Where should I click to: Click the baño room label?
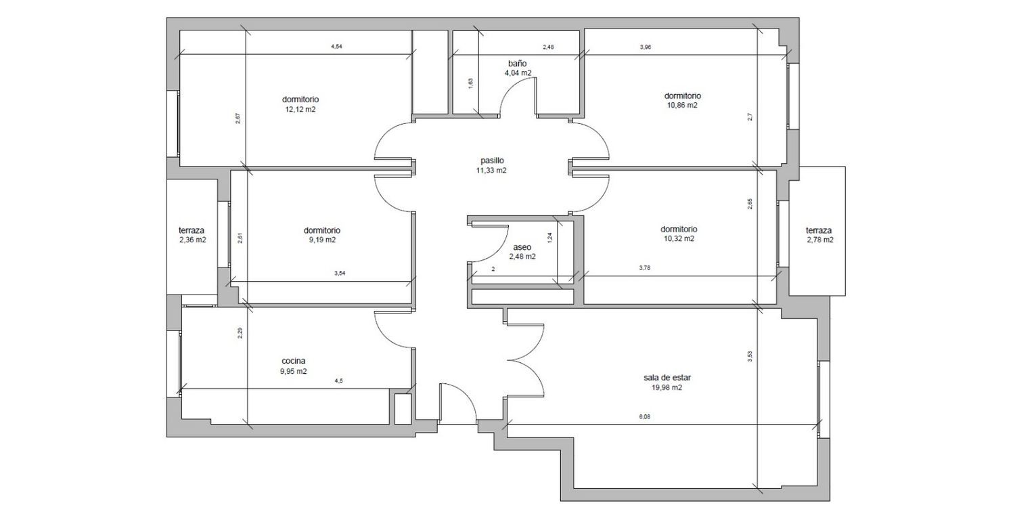(x=517, y=64)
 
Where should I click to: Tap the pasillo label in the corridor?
(x=492, y=160)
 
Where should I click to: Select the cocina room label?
(x=294, y=361)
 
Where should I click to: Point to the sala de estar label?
(x=667, y=377)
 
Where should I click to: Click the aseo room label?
(x=522, y=247)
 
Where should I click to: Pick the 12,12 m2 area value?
(x=300, y=109)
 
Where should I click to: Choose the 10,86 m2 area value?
(x=682, y=105)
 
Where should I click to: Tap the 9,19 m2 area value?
(x=322, y=240)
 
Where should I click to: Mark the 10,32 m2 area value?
(x=679, y=238)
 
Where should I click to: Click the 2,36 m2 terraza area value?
(x=193, y=240)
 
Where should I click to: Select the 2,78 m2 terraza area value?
(x=819, y=240)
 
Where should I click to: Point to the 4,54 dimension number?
(x=337, y=46)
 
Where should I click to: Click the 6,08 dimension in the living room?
(x=644, y=417)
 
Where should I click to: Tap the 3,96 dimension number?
(x=646, y=47)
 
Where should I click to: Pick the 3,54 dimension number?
(x=340, y=273)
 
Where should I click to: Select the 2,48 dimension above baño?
(x=548, y=47)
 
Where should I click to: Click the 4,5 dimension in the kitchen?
(x=338, y=381)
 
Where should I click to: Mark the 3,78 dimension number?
(x=644, y=268)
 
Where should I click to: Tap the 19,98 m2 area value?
(x=667, y=388)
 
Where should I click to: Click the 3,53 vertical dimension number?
(x=750, y=357)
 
